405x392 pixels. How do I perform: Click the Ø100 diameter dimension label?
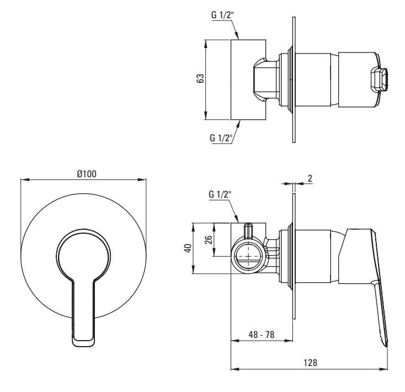pos(87,174)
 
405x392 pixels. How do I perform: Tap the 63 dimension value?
pos(200,78)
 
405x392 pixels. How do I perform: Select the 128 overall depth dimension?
pos(310,363)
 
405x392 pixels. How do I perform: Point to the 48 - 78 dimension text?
pos(261,335)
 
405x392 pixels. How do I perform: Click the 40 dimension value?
pos(188,248)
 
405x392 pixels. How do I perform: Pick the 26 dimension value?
pos(209,240)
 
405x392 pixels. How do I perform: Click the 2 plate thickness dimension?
pos(310,178)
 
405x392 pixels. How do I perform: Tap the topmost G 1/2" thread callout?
pos(222,15)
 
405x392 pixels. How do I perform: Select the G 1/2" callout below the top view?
pos(221,138)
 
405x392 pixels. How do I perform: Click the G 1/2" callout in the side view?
pos(220,194)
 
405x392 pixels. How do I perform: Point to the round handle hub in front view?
pos(83,256)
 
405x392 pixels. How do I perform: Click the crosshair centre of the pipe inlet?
pos(248,256)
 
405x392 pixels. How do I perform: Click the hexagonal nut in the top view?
pos(265,80)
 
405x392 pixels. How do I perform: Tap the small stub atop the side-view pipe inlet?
pos(248,230)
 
